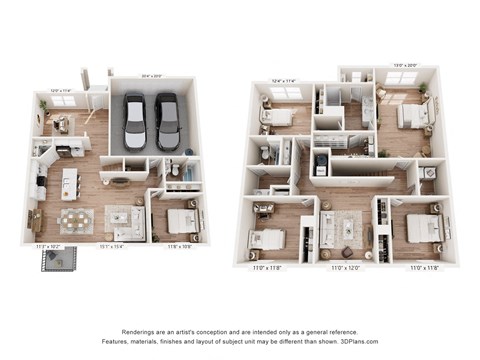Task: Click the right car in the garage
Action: coord(166,119)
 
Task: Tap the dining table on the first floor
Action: coord(74,218)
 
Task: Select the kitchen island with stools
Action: coord(69,183)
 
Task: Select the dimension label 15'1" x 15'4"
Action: coord(121,245)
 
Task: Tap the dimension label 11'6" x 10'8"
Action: coord(179,245)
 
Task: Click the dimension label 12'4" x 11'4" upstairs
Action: coord(285,82)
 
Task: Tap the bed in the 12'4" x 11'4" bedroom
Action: coord(279,117)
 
